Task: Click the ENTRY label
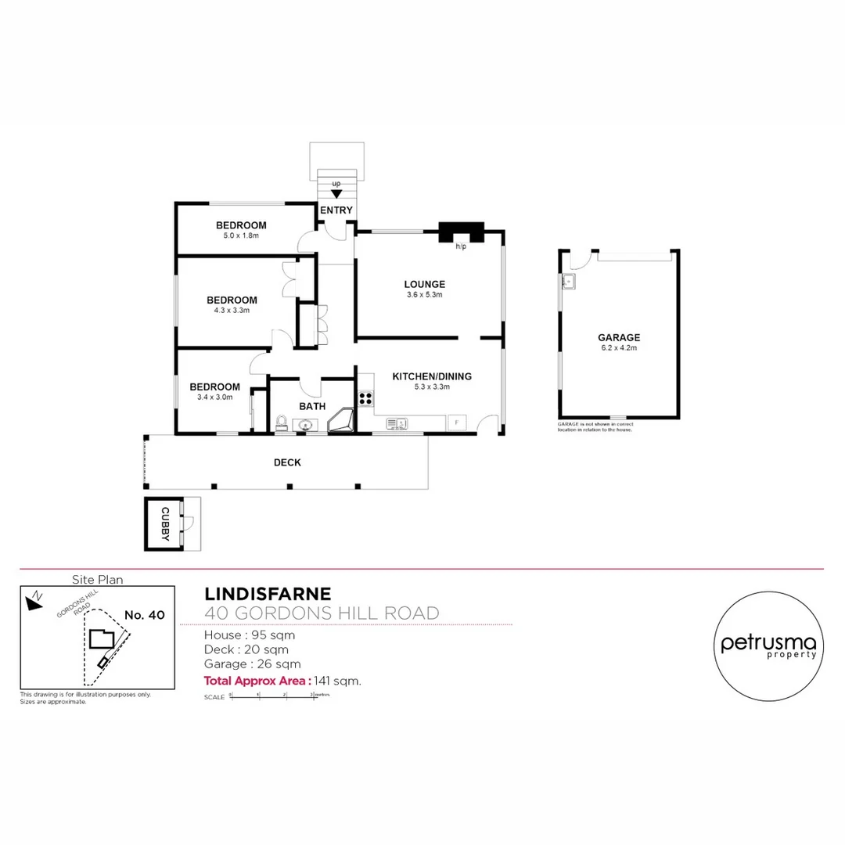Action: (x=337, y=210)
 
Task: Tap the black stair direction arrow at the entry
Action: (x=337, y=193)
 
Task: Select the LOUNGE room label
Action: (x=425, y=284)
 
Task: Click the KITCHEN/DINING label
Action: (x=433, y=376)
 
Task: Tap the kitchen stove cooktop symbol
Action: (x=365, y=397)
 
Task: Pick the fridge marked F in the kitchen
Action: (x=456, y=422)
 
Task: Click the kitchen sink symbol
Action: (x=397, y=423)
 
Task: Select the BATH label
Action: (x=312, y=406)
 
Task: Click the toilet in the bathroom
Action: (x=282, y=423)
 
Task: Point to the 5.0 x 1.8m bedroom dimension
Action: (x=241, y=235)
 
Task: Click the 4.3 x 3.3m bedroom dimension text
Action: (x=232, y=310)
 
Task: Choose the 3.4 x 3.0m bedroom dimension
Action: (x=214, y=397)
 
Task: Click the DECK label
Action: (x=287, y=462)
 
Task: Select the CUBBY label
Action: (x=164, y=523)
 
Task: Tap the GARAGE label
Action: (x=619, y=338)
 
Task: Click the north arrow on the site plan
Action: (x=34, y=601)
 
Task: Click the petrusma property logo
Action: (x=768, y=645)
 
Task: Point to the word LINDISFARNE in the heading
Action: (x=267, y=595)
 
